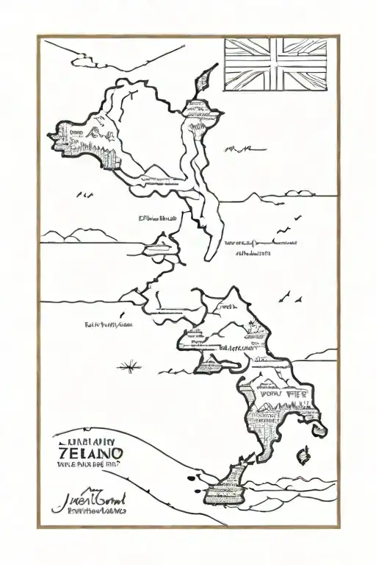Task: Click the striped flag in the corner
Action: [275, 65]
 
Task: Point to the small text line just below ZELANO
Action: [86, 464]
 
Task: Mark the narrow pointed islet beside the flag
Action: [206, 76]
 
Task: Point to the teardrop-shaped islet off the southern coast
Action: [300, 459]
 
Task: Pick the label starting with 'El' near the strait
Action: [158, 218]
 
